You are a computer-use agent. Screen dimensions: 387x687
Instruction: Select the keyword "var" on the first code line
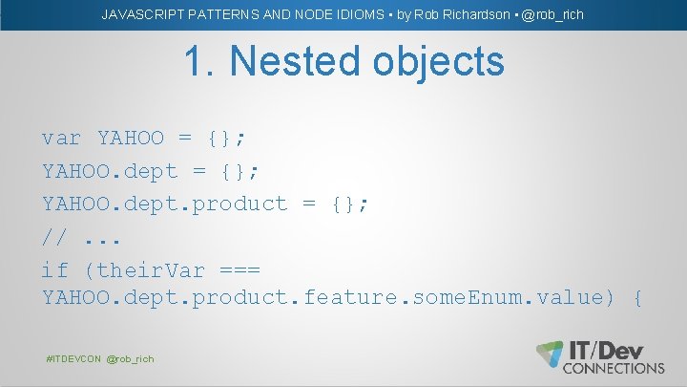[61, 139]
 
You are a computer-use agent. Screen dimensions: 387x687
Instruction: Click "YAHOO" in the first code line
[131, 139]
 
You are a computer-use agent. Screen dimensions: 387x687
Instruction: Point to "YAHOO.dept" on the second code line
[110, 171]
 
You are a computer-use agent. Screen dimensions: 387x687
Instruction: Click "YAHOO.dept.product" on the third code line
[164, 204]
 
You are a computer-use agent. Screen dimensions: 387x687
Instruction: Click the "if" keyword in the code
[53, 269]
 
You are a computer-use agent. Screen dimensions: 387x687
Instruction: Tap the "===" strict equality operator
[239, 269]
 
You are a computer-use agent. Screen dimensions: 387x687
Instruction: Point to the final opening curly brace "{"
[636, 298]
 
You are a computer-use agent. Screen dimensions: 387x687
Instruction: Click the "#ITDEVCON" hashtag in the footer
[73, 358]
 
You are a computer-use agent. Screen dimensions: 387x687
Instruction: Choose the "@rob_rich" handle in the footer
[130, 358]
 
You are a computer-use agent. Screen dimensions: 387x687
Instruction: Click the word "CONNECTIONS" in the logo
[614, 367]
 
